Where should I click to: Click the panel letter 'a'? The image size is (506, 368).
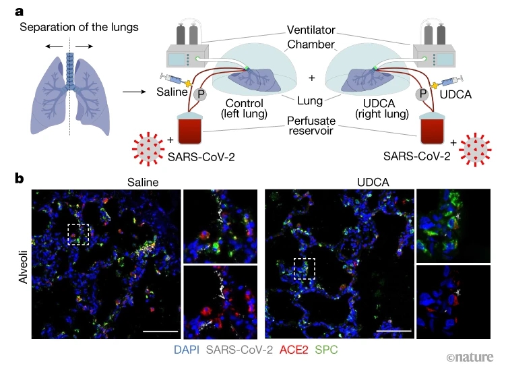[21, 11]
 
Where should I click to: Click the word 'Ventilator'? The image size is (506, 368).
[311, 30]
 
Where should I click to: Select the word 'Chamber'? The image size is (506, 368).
[311, 44]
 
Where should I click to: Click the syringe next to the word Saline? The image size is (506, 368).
[173, 80]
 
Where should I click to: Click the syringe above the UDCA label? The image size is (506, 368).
[451, 80]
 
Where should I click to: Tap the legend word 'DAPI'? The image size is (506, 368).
[187, 350]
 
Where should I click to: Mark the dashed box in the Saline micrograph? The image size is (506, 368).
[79, 235]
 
